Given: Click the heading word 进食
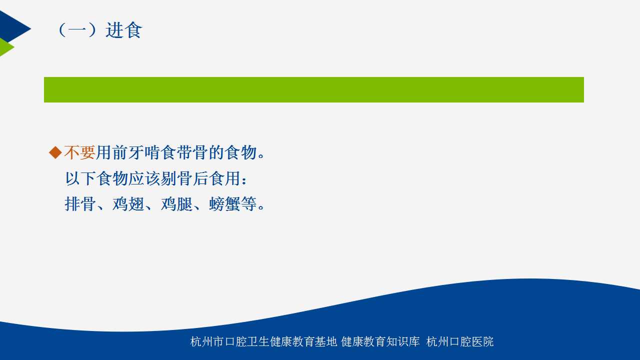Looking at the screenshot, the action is [123, 30].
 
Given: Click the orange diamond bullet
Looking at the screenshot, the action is [55, 152].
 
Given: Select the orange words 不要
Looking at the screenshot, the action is [79, 152].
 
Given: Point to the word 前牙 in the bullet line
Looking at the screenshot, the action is [127, 152].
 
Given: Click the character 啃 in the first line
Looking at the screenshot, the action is [151, 152].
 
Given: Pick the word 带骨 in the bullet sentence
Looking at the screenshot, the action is [191, 152].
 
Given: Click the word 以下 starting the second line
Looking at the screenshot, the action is [80, 178].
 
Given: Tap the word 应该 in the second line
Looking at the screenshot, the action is [144, 178].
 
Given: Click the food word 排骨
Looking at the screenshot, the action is [80, 204].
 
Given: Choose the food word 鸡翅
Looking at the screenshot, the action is [128, 204].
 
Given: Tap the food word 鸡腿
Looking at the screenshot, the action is [176, 204].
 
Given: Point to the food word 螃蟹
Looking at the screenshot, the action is [224, 204].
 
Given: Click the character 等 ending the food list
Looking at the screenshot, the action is [248, 204].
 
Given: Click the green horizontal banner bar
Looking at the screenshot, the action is [313, 89].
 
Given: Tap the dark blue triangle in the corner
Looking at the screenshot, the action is [13, 27].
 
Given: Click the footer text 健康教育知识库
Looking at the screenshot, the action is [380, 341].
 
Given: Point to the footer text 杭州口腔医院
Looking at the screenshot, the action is [459, 341].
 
